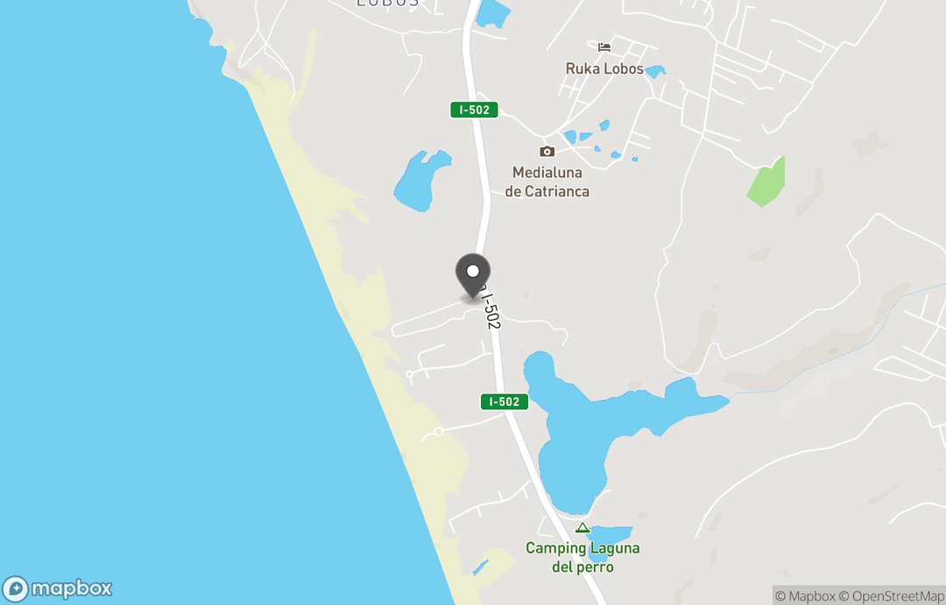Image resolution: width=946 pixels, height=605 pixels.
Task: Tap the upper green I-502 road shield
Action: pos(474,110)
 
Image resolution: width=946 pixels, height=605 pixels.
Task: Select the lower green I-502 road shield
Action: pos(505,402)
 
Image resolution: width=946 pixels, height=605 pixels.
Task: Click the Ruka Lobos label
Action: pos(604,68)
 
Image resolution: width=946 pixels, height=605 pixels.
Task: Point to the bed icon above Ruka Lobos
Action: pos(604,46)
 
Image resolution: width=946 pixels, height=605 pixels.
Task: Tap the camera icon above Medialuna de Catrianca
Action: pos(547,151)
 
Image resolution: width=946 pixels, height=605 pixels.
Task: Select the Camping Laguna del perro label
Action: pos(582,558)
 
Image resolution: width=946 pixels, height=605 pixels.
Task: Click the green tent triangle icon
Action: pos(582,528)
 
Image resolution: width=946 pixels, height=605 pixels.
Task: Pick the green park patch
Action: pos(766,182)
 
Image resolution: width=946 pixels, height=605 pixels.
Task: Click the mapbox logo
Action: pos(58,588)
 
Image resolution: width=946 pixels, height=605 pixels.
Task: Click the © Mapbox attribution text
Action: pos(805,596)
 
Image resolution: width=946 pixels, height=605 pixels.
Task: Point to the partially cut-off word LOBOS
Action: pos(388,4)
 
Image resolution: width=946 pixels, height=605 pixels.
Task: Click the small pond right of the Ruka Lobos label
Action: pos(654,71)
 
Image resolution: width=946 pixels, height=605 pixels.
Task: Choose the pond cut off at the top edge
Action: pos(492,11)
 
